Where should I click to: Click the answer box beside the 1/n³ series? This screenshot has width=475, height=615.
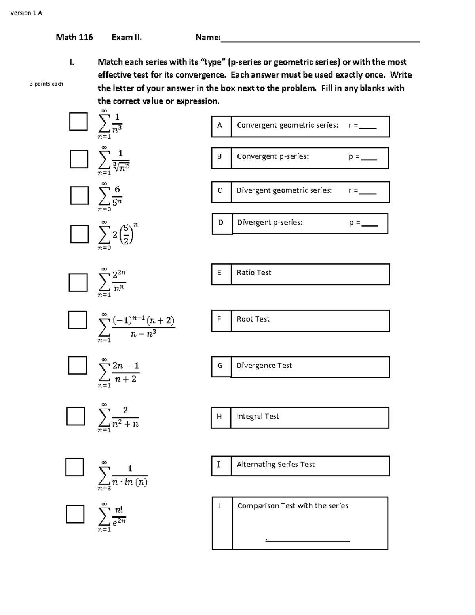pos(78,122)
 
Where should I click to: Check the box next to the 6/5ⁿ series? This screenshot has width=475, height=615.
pos(79,195)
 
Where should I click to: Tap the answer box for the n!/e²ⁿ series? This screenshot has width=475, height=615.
pos(75,514)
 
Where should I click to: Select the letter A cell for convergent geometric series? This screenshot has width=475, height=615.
pos(221,126)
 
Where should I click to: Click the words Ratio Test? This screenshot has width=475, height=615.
pos(254,273)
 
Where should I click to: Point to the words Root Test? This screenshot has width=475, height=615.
pos(253,319)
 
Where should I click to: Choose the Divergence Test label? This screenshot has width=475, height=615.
pos(264,366)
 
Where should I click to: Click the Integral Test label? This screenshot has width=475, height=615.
pos(257,417)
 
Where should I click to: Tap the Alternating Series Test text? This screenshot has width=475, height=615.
pos(275,465)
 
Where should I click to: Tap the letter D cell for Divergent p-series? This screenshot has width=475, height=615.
pos(222,223)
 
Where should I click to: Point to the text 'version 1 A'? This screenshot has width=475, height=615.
pos(26,13)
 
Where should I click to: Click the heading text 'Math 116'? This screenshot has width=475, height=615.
pos(74,38)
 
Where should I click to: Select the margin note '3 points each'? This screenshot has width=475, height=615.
pos(46,84)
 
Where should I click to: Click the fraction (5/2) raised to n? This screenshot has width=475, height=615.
pos(126,234)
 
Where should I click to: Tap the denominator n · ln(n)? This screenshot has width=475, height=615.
pos(130,482)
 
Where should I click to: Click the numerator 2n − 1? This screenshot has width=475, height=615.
pos(125,366)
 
